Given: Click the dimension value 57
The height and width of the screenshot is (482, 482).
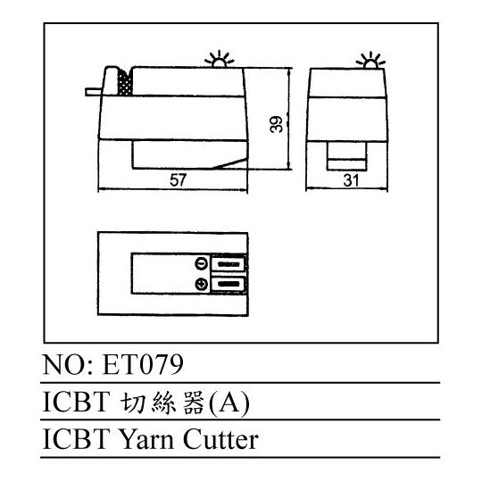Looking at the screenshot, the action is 179,180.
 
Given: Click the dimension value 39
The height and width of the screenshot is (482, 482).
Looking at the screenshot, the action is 276,124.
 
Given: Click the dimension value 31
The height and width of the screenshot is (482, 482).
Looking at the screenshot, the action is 351,180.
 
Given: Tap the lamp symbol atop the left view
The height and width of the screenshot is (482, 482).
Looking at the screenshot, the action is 220,59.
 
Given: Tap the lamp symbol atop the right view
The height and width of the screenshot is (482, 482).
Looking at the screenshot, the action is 370,61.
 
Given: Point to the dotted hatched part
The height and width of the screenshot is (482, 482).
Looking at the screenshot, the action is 126,82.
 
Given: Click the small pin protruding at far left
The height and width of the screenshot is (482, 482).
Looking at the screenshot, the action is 94,92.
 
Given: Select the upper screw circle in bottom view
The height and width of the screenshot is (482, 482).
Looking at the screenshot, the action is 202,264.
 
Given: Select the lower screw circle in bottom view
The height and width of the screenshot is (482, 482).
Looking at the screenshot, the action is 202,284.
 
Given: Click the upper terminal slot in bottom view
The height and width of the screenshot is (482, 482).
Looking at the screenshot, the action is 229,264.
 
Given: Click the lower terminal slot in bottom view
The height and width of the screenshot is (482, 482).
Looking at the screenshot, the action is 229,284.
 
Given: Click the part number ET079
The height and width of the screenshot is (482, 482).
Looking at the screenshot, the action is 143,364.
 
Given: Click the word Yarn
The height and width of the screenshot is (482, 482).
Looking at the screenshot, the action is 146,440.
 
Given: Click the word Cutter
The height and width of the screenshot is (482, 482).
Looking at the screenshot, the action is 220,439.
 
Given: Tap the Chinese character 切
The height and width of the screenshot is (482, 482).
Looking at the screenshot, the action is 133,402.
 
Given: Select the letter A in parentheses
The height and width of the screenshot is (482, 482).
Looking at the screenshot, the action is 229,402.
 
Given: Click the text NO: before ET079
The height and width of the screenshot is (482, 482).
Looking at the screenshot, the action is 68,364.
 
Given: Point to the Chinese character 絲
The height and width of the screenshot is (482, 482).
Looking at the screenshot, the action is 163,402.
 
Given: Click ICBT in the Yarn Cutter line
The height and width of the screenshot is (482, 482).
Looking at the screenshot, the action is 76,439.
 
